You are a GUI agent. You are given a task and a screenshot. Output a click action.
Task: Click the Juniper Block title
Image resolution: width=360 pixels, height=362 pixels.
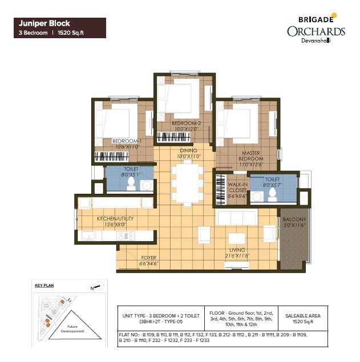tap(45, 24)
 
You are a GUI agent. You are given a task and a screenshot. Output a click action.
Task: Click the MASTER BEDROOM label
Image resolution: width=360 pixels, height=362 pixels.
tap(251, 156)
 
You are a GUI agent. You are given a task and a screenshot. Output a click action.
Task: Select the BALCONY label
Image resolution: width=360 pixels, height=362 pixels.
tap(294, 222)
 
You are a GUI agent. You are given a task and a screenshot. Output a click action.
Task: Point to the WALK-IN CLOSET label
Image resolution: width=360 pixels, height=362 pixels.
tap(237, 190)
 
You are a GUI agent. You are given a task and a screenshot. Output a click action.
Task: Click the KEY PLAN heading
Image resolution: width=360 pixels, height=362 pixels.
tap(44, 285)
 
